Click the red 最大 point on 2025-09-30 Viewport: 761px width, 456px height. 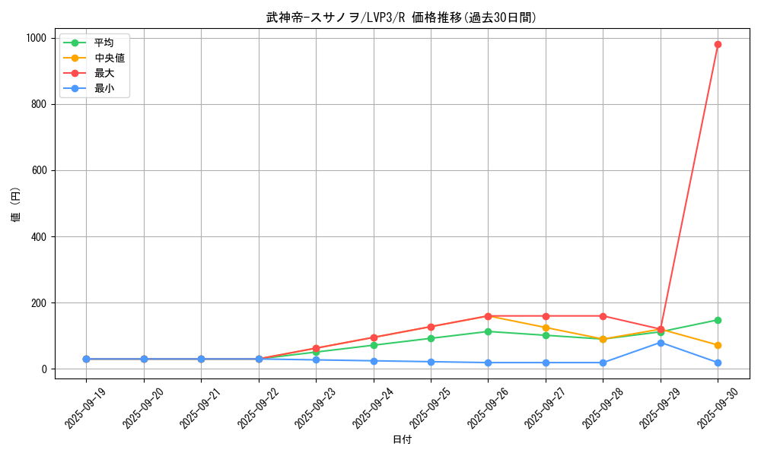click(718, 44)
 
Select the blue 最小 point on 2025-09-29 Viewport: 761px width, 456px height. click(661, 343)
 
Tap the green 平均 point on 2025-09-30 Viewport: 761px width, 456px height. click(718, 320)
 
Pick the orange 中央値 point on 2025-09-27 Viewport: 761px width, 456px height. click(546, 328)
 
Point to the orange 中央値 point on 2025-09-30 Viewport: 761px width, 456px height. click(718, 345)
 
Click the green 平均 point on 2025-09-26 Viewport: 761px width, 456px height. click(488, 331)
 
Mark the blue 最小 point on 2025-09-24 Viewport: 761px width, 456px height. click(374, 361)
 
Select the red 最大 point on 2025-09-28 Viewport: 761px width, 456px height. click(603, 316)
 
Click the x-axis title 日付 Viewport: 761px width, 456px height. click(402, 440)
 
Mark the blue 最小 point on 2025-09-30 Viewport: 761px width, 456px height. click(718, 363)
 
